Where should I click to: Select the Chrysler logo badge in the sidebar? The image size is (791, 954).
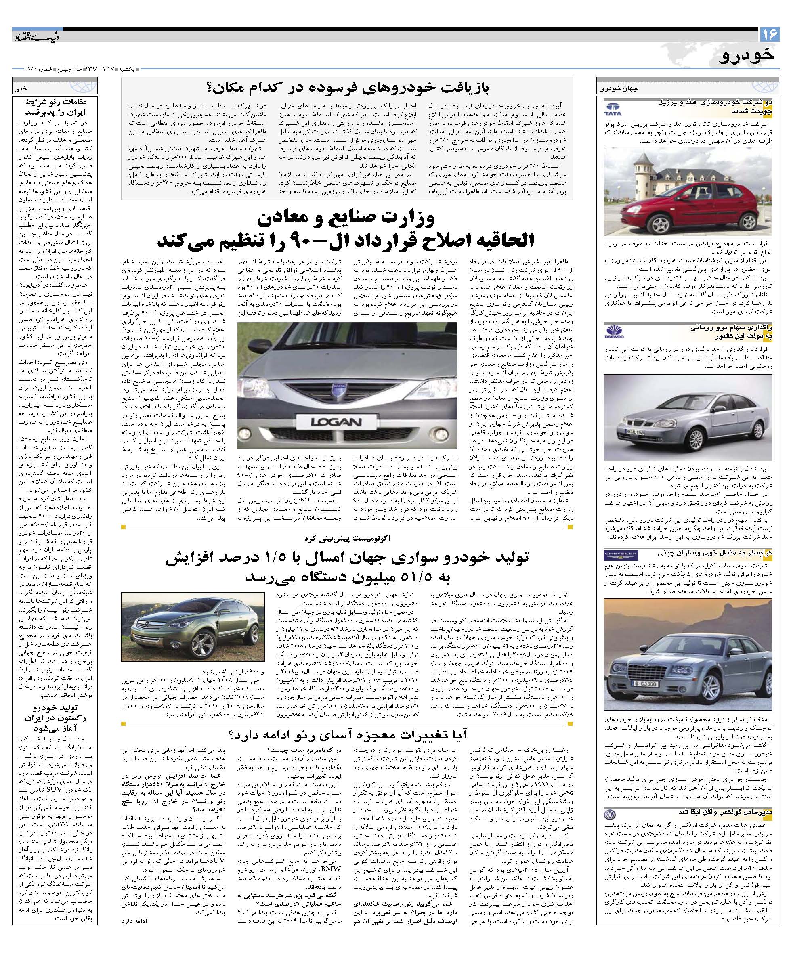(620, 555)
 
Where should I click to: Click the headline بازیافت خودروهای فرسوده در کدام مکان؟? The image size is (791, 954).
(347, 88)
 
